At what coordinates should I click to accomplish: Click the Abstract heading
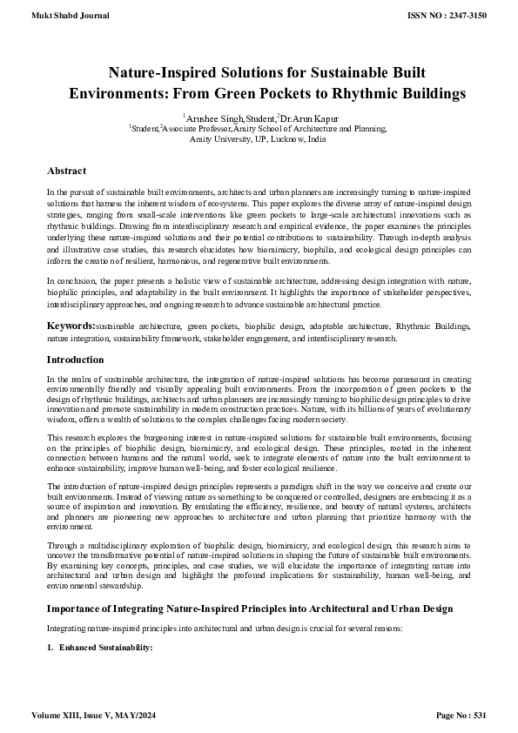(x=66, y=171)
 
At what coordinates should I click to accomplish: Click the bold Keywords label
(x=71, y=325)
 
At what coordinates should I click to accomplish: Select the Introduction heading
(x=75, y=360)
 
